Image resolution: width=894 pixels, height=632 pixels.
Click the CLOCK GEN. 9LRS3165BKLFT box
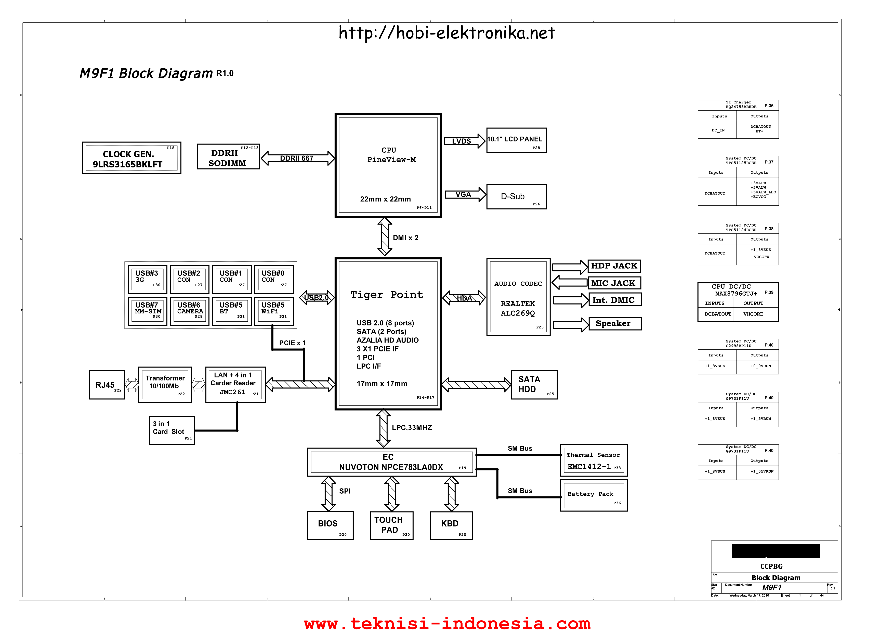coord(132,158)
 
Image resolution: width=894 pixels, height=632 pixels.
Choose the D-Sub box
coord(516,197)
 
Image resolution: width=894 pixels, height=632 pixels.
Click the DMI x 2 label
coord(405,238)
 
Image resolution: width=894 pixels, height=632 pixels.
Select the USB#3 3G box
coord(147,280)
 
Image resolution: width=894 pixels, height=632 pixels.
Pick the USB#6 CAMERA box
coord(190,311)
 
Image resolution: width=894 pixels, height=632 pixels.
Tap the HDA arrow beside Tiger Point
coord(464,298)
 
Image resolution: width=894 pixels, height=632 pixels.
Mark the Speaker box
coord(615,324)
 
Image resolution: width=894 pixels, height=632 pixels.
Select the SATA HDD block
coord(534,385)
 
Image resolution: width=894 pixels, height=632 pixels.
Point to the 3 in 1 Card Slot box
coord(172,430)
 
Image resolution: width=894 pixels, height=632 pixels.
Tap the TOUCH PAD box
coord(392,525)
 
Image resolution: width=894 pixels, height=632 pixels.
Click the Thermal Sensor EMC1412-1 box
coord(594,460)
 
